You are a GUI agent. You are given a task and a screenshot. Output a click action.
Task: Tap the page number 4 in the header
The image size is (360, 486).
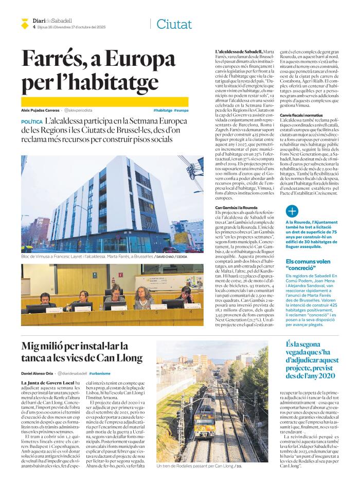pos(33,27)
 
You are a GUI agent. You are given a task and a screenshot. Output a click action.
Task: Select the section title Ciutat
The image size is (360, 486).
pos(174,24)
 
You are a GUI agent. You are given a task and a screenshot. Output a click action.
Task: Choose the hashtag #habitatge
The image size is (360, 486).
pos(162,111)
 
